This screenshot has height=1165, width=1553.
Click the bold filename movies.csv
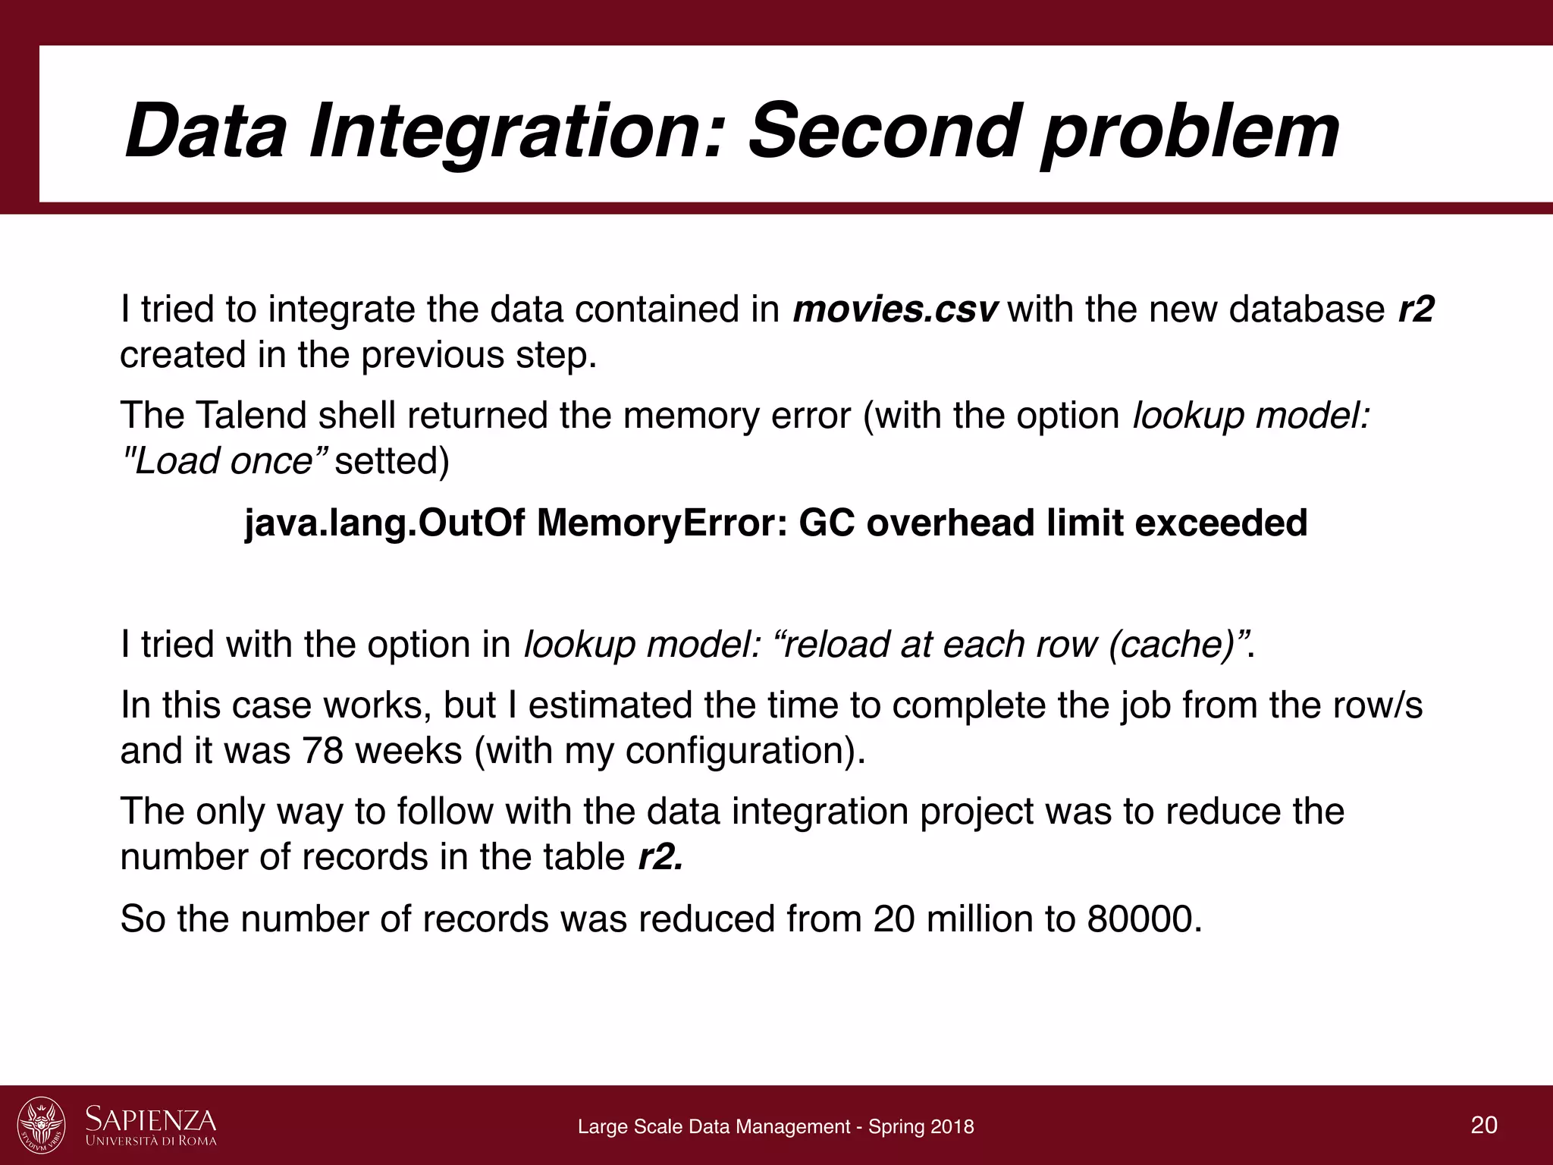896,310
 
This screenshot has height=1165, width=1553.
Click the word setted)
392,461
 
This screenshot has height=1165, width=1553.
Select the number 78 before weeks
322,751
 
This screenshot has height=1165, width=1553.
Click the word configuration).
747,751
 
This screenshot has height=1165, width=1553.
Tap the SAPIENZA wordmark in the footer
151,1120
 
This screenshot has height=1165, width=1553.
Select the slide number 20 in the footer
1484,1126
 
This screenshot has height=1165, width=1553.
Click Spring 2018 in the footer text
921,1127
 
